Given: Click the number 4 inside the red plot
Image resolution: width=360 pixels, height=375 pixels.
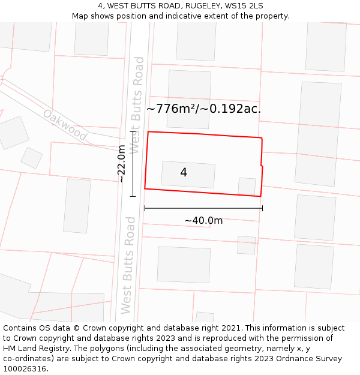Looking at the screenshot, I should click(x=184, y=173).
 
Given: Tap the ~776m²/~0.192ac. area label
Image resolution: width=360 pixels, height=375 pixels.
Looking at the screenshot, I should click(x=203, y=109).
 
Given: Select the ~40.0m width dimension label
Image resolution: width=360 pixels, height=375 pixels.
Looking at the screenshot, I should click(x=203, y=220).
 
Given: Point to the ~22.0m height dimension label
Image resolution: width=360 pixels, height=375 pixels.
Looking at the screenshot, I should click(x=121, y=163).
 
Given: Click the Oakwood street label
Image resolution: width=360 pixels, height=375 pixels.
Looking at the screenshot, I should click(x=65, y=125).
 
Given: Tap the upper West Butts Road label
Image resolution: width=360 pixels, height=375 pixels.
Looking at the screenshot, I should click(x=137, y=104).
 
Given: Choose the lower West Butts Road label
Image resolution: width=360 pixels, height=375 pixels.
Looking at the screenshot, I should click(x=128, y=265).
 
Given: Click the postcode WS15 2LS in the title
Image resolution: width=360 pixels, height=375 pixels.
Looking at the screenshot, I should click(x=244, y=6).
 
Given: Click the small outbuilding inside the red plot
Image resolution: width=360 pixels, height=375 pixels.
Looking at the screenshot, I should click(x=247, y=186).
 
